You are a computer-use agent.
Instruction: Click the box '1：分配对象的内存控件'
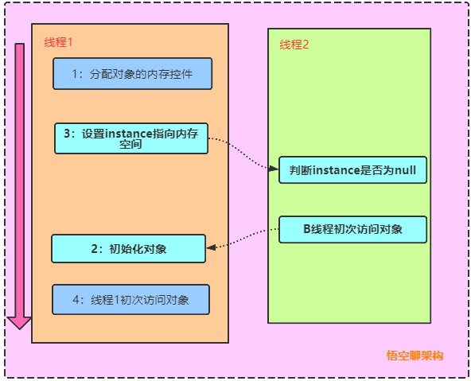133,74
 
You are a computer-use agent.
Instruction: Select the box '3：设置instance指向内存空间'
130,138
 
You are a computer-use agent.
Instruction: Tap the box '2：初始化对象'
129,248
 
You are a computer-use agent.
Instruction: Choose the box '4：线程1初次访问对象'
130,300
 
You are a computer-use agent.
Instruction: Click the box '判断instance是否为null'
353,169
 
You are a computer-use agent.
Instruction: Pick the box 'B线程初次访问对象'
353,229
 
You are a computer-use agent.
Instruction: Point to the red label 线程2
294,45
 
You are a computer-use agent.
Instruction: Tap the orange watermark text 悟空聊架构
415,355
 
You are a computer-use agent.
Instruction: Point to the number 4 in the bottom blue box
76,300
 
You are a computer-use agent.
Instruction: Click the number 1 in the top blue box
76,74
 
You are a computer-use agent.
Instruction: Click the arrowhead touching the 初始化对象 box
211,247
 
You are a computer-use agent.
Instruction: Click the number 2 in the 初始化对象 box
95,248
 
